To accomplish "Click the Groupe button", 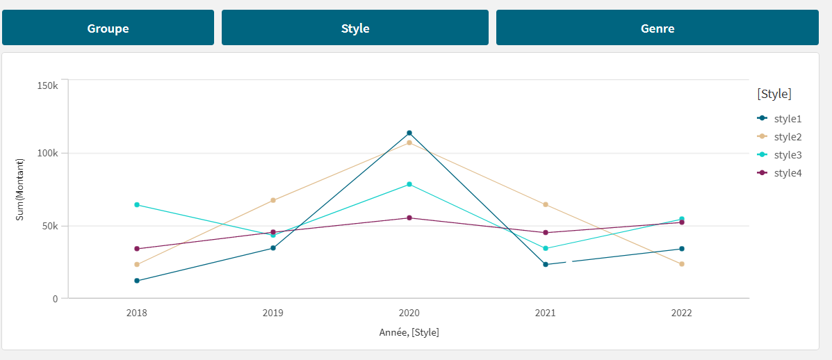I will [x=108, y=28].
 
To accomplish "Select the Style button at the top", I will [x=354, y=28].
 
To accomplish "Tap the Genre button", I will [x=657, y=28].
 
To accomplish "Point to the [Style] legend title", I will [x=774, y=94].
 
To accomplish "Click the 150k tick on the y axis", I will [x=47, y=85].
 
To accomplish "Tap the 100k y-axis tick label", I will [x=47, y=153].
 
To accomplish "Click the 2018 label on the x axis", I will [x=136, y=313].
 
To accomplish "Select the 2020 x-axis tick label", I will [x=409, y=313].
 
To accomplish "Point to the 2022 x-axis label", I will [x=681, y=313].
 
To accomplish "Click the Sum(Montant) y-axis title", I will [x=20, y=190].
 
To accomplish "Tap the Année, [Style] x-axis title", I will [x=409, y=332].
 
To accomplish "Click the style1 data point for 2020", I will [x=409, y=133].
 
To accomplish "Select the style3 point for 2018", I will [x=137, y=204].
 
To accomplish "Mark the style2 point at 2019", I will [x=273, y=200].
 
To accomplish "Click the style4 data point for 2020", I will [x=409, y=218].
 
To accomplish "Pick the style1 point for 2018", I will [x=137, y=281].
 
